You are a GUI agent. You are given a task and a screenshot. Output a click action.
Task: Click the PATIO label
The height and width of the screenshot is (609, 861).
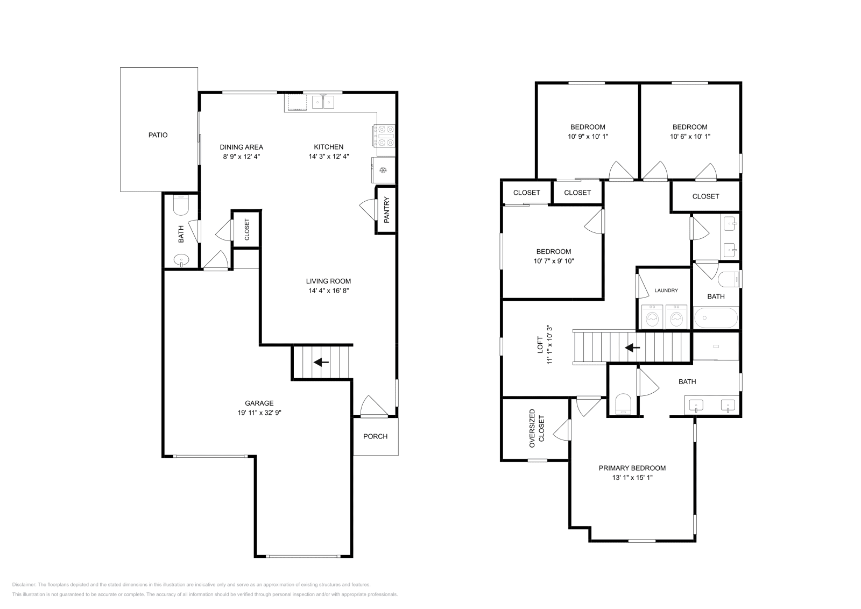click(158, 135)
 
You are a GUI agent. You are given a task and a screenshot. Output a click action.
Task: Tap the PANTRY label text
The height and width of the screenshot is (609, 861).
click(386, 210)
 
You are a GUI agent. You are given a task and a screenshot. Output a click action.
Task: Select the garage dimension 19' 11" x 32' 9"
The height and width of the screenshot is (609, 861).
click(259, 413)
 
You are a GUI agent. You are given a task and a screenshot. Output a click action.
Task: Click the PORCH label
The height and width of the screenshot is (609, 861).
click(375, 436)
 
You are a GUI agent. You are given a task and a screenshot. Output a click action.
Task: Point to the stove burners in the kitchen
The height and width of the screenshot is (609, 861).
click(384, 136)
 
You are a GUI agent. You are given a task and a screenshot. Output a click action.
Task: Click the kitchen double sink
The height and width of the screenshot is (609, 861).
click(324, 102)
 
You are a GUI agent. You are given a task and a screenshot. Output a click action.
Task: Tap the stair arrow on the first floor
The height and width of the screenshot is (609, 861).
click(321, 362)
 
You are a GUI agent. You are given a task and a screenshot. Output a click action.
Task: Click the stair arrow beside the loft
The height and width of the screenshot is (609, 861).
click(632, 348)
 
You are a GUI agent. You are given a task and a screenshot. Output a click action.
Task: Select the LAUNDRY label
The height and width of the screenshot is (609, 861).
click(666, 291)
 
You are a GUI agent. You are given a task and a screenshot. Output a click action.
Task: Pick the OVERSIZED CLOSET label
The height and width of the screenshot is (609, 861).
click(537, 429)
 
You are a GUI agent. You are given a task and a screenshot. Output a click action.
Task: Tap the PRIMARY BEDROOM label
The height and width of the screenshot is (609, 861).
click(632, 468)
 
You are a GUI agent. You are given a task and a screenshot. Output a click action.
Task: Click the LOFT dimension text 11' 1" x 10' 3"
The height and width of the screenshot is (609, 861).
click(549, 345)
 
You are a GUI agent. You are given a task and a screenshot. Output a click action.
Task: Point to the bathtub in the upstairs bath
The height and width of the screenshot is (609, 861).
click(716, 318)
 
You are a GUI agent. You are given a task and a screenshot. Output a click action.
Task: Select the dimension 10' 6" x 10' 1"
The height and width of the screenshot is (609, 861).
click(690, 137)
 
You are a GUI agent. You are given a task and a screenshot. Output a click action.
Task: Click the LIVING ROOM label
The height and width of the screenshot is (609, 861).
click(328, 281)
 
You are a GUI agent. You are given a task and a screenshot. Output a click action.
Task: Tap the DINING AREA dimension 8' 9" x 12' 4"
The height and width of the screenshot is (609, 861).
click(241, 157)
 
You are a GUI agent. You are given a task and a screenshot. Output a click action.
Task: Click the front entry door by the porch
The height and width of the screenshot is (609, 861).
click(373, 407)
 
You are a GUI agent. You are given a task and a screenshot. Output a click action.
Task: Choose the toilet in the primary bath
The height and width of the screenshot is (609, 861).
click(623, 405)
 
